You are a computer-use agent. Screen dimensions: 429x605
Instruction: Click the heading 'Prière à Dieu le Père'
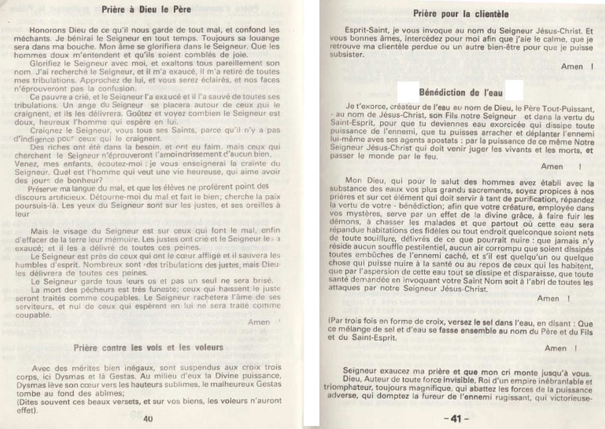click(146, 9)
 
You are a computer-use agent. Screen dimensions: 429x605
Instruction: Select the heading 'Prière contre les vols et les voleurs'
click(148, 347)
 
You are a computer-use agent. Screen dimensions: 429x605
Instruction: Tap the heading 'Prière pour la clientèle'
click(461, 14)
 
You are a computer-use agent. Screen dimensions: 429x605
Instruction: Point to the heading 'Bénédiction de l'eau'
click(461, 93)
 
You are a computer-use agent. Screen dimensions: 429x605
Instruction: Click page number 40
click(148, 418)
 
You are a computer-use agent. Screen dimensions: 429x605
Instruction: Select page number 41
click(456, 419)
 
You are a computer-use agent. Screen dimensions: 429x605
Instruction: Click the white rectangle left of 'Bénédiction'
click(408, 92)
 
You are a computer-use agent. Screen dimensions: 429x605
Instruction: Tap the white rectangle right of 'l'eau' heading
click(514, 90)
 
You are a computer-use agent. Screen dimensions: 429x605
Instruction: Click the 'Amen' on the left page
click(258, 322)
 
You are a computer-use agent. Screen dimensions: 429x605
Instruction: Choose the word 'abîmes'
click(111, 393)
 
